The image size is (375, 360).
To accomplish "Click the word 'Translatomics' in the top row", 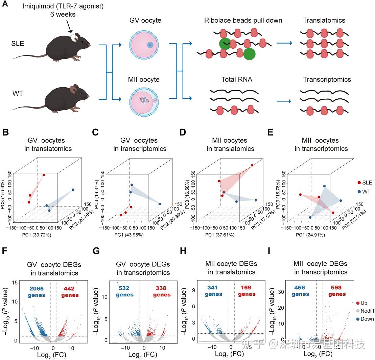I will point(324,20).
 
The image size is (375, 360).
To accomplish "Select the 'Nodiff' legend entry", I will point(365,311).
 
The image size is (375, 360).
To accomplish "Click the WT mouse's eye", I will point(83,94).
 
